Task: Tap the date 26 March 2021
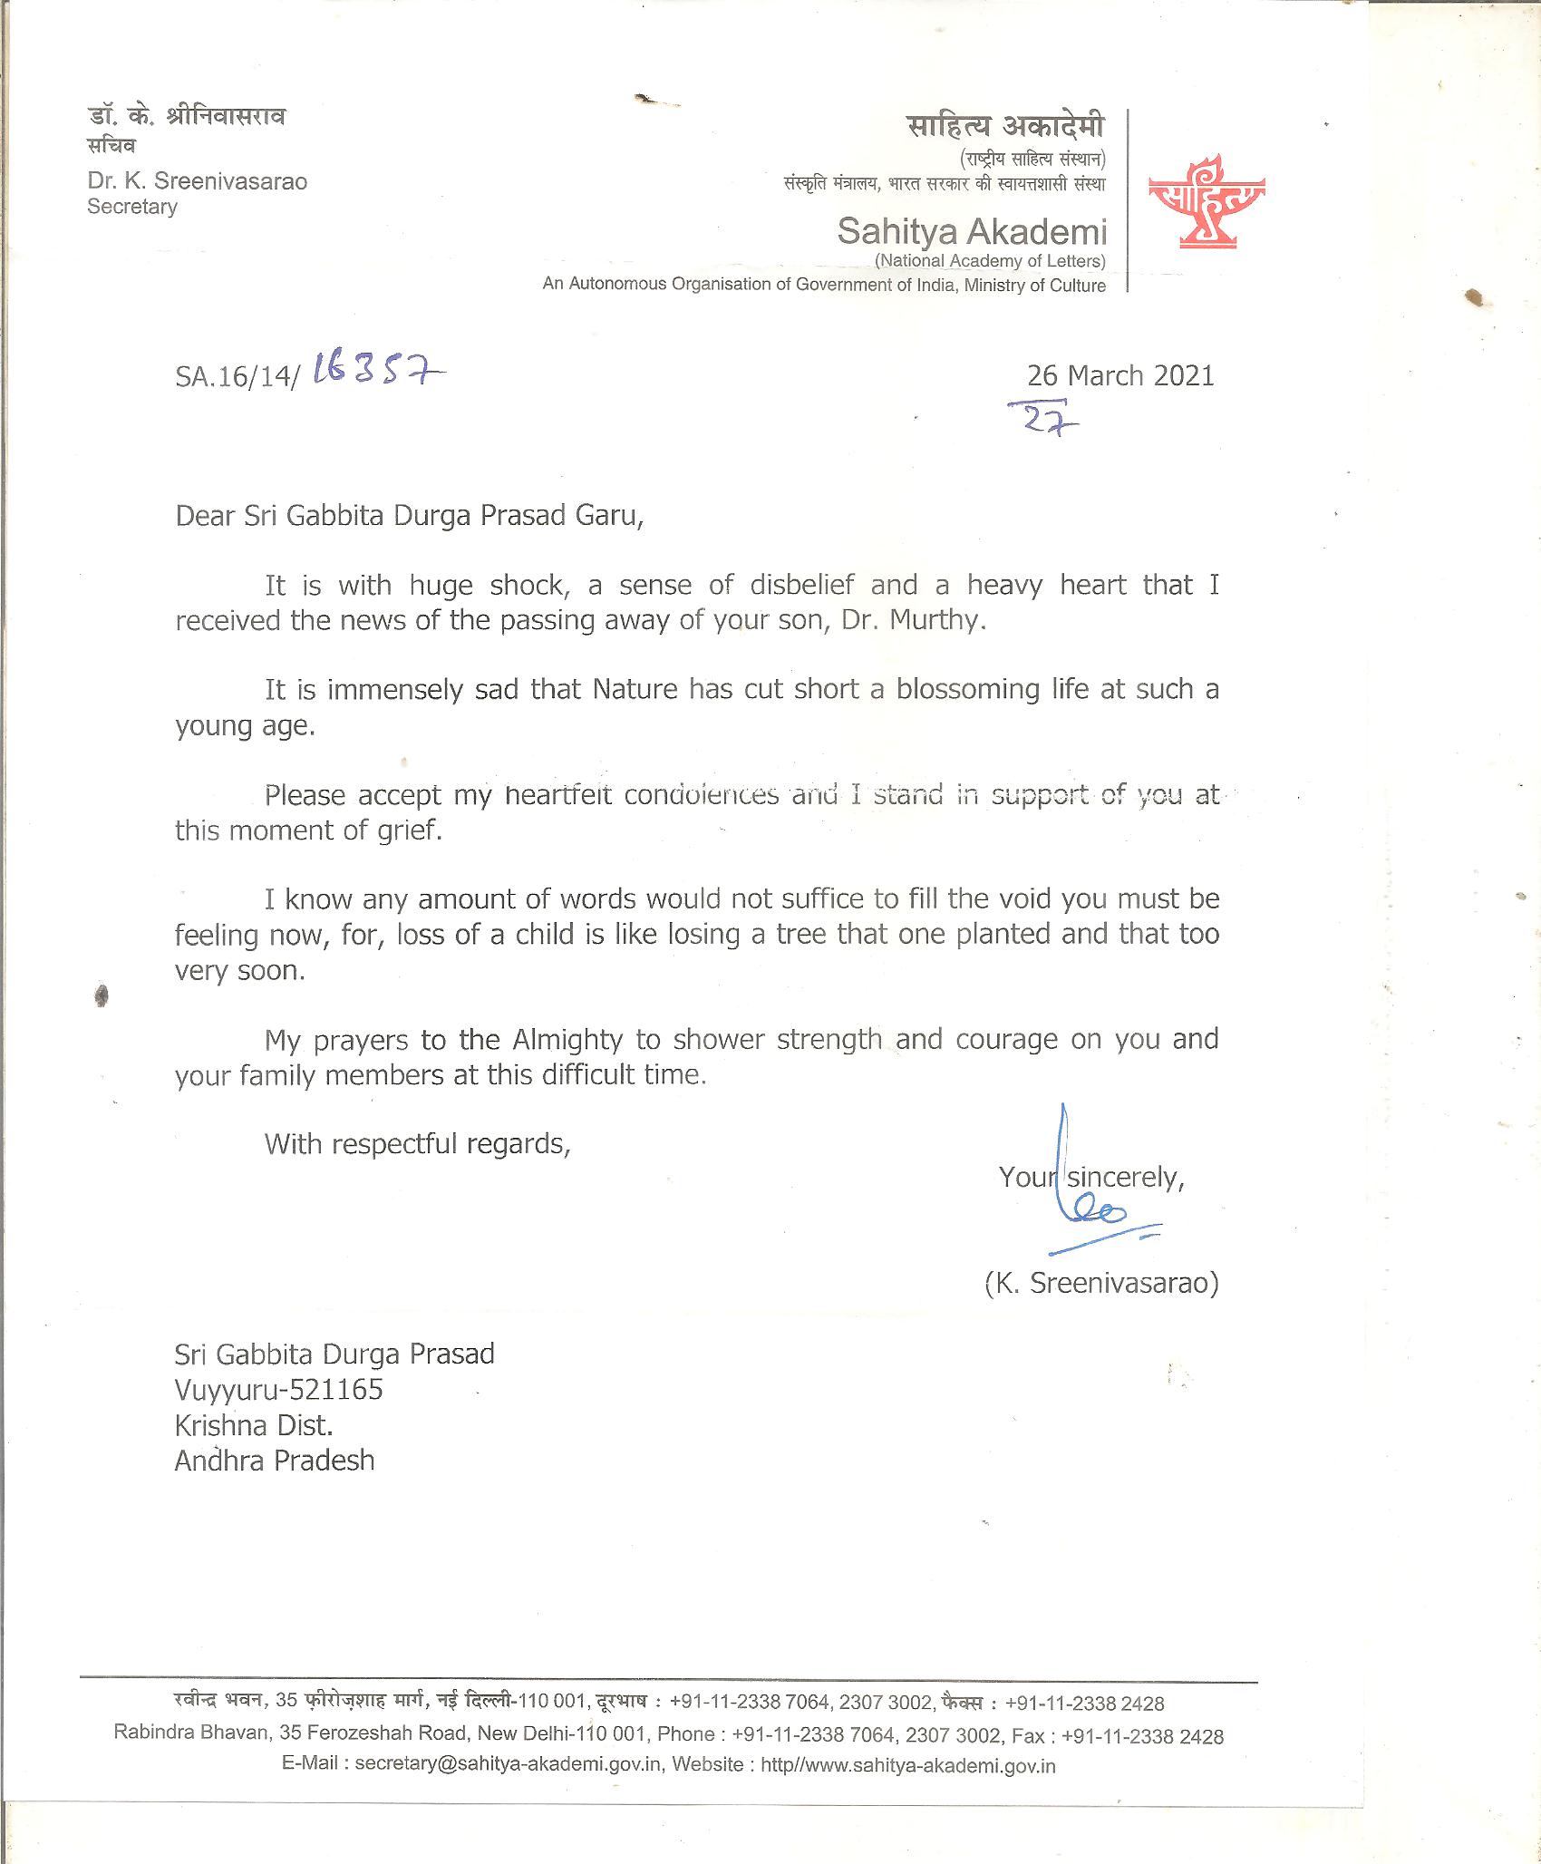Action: tap(1120, 375)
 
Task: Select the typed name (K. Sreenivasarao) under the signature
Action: tap(1101, 1283)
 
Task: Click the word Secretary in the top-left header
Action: tap(132, 207)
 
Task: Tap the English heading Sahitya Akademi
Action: tap(971, 232)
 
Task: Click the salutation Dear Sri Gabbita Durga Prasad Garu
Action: tap(409, 516)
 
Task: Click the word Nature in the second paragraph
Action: tap(635, 690)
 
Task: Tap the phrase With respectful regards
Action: tap(418, 1144)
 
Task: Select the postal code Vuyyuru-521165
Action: tap(279, 1389)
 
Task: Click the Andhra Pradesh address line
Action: tap(275, 1461)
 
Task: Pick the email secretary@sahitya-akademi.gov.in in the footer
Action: tap(507, 1764)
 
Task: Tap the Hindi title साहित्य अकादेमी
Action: tap(1005, 126)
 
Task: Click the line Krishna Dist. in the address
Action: tap(254, 1425)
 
